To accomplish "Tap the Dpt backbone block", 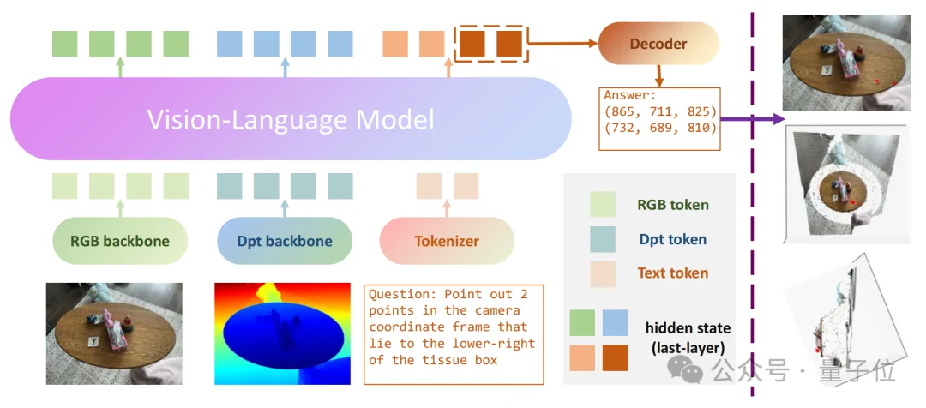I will click(284, 241).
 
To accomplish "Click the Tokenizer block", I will click(446, 241).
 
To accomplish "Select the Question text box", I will click(454, 334).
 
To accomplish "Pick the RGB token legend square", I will click(603, 205).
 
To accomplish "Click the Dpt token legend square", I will click(603, 239).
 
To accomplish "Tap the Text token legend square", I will click(603, 273).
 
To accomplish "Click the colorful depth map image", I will click(282, 333).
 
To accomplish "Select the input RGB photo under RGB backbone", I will click(113, 333).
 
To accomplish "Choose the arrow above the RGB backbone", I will click(119, 209).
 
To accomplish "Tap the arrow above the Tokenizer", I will click(447, 209).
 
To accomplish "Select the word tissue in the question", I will click(449, 360).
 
